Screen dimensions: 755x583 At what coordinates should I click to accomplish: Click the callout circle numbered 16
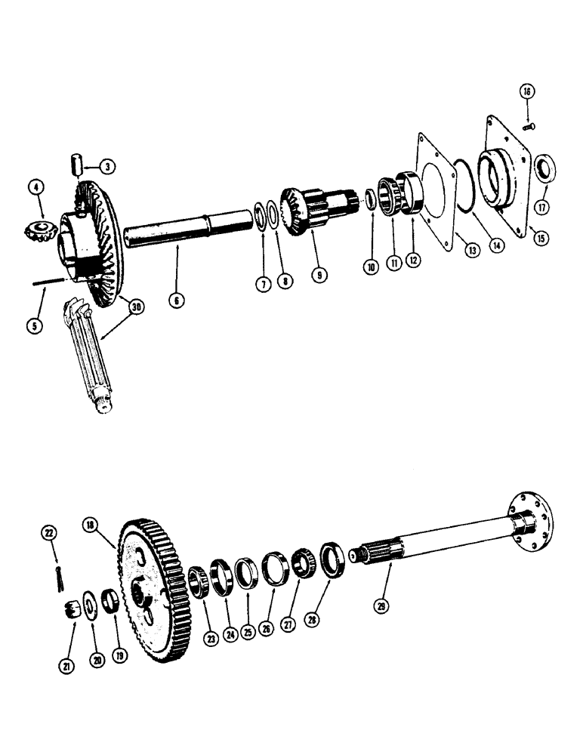point(526,91)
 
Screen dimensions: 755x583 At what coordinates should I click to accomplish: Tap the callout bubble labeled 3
point(109,166)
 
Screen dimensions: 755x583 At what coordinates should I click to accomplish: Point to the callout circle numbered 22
point(51,534)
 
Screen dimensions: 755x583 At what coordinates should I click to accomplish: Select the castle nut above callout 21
point(72,607)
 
